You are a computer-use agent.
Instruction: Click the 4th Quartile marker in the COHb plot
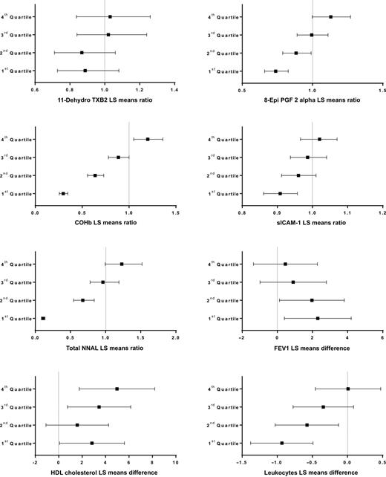point(148,139)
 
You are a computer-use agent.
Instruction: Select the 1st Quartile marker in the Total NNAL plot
point(43,318)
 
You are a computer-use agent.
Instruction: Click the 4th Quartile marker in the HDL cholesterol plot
point(117,389)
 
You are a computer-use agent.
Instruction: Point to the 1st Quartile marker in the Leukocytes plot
point(281,443)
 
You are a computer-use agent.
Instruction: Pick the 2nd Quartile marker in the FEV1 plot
point(312,300)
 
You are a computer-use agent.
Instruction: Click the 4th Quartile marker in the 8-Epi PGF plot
point(331,16)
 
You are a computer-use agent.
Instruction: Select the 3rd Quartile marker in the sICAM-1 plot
point(307,157)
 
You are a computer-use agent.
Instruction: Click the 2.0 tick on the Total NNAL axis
point(175,337)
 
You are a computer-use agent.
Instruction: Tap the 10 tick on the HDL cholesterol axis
point(175,461)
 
